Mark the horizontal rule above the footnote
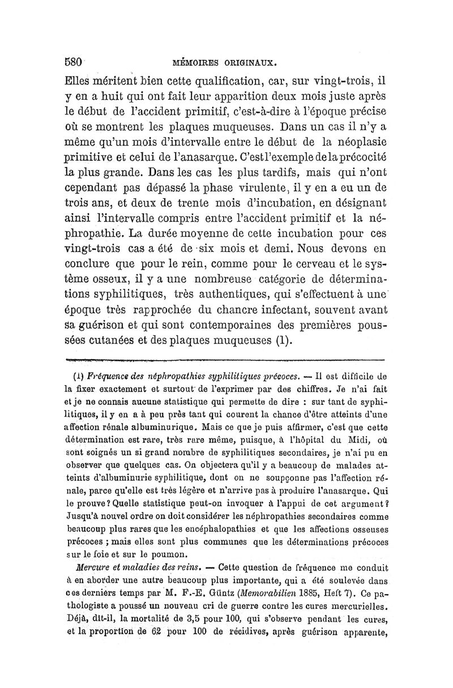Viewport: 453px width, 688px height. (x=225, y=360)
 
